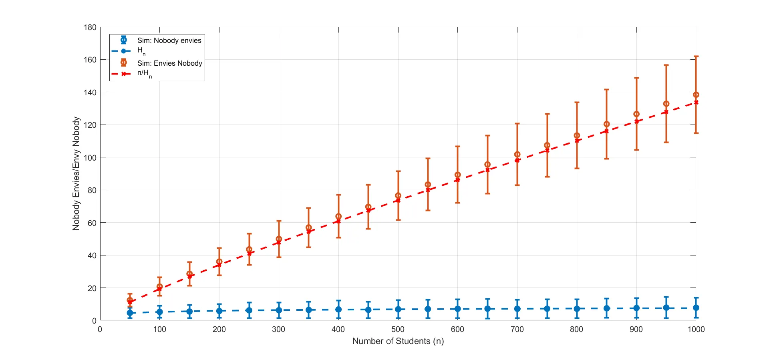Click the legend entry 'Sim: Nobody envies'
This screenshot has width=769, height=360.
pos(169,40)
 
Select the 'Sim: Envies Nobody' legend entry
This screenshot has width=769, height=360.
pos(169,63)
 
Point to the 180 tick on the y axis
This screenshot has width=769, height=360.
pos(90,27)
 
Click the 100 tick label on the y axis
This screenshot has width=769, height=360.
pos(90,158)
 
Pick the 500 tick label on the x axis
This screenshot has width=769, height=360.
pos(398,329)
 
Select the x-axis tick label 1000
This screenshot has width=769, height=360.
pos(696,329)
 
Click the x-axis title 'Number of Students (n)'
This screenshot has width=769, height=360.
pos(398,341)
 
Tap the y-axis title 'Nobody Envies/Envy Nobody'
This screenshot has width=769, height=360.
pos(76,173)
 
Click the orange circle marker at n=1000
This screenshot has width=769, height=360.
pos(696,95)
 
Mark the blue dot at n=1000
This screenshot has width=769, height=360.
pos(696,308)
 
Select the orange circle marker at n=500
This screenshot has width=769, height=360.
pos(398,196)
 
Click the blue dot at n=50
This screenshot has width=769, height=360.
pos(130,313)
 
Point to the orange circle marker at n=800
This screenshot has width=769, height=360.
pos(577,136)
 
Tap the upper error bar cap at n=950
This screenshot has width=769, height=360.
pos(666,65)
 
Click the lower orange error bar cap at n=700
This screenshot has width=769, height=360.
pos(517,185)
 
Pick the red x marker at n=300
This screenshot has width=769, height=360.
pos(279,243)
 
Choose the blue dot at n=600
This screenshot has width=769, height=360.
pos(457,309)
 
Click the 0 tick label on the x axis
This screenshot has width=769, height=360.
pos(100,329)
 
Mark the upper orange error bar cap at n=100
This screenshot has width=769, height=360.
pos(159,277)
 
